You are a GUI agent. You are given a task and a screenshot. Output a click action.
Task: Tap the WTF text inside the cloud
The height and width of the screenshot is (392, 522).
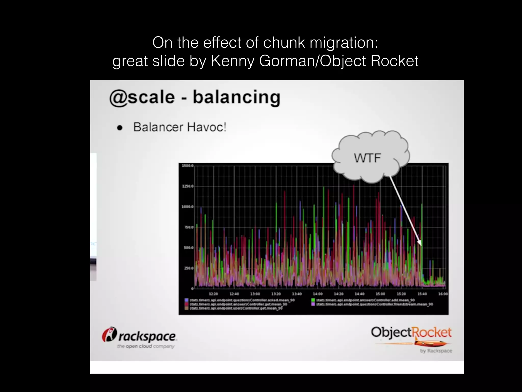point(367,158)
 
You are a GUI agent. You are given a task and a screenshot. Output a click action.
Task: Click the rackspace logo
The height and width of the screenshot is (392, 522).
point(139,337)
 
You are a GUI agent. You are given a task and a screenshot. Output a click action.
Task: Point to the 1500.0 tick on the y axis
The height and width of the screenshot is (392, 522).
point(188,166)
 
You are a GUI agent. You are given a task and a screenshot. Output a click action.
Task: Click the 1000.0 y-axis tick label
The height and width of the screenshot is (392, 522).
point(188,207)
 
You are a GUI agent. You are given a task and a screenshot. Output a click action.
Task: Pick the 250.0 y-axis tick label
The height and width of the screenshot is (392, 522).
point(189,268)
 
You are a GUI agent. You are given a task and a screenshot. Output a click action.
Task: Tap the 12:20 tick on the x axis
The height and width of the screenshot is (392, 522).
point(213,294)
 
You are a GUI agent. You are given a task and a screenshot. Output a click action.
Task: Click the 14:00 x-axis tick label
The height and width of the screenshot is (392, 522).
point(318,294)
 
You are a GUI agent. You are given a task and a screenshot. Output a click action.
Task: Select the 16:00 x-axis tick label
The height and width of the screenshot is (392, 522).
point(443,294)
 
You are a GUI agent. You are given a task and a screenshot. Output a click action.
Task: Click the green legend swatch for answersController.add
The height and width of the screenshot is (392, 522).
point(313,300)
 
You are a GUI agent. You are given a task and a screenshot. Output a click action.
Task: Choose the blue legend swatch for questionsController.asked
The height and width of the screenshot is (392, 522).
point(187,300)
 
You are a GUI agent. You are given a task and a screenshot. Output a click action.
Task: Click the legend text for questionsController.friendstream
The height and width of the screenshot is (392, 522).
point(374,304)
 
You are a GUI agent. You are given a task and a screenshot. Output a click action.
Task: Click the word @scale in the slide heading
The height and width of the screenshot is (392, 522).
point(142,97)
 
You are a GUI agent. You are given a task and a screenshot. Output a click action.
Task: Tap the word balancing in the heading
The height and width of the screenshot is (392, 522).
point(237,97)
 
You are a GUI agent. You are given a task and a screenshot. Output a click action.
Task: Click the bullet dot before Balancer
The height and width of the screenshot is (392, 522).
point(120,128)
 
